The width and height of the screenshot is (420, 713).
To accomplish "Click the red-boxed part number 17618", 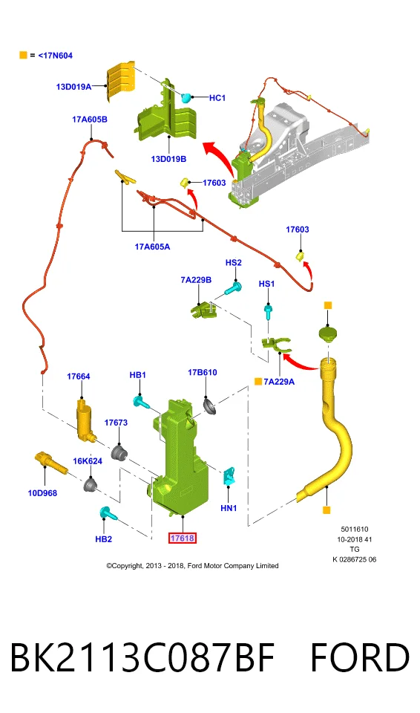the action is click(182, 538).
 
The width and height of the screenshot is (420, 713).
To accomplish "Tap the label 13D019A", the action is click(73, 86).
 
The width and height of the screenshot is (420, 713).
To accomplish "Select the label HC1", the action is click(217, 98).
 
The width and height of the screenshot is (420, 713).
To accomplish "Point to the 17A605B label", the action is click(90, 120).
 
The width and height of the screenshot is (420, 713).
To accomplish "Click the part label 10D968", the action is click(42, 493).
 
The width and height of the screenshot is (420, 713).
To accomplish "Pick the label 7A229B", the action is click(196, 280).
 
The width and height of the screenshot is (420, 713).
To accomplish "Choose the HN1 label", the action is click(229, 508).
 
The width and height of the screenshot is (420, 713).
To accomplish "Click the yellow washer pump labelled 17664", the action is click(85, 420).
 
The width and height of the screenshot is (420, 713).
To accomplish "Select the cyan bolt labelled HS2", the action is click(233, 288).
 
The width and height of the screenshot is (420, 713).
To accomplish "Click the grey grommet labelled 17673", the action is click(119, 453).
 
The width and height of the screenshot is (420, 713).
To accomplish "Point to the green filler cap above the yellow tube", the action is click(328, 336).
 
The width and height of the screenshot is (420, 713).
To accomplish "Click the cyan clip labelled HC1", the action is click(186, 97).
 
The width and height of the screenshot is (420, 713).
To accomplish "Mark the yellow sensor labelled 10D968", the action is click(51, 463).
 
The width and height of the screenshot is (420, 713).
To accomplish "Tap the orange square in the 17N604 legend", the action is click(23, 55).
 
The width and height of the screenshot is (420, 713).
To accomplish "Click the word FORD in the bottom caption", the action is click(360, 657).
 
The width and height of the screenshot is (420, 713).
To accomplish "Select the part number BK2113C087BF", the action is click(142, 657).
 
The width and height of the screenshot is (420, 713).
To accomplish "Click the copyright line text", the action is click(192, 566).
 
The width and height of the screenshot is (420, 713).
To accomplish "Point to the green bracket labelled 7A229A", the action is click(276, 344).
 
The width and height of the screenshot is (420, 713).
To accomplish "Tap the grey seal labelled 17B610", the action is click(209, 406).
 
